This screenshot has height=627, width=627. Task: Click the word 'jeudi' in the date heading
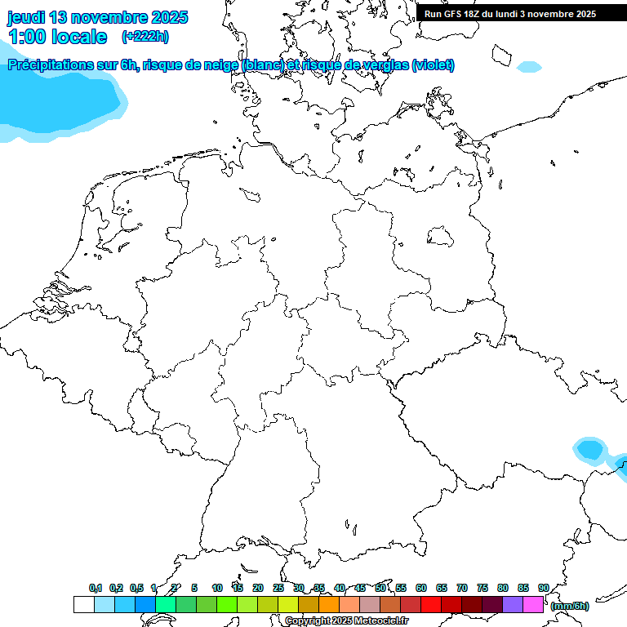(x=26, y=17)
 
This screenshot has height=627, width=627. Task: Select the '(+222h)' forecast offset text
(x=145, y=37)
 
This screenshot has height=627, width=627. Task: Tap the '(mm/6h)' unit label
(x=569, y=606)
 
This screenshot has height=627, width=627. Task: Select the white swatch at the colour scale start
(x=83, y=605)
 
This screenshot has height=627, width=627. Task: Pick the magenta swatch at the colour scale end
(x=533, y=605)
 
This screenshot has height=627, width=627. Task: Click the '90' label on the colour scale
(x=544, y=588)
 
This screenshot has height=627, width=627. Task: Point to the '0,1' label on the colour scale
(x=96, y=588)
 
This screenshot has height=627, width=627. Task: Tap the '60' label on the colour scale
(x=421, y=588)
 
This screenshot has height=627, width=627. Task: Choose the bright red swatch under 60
(x=431, y=605)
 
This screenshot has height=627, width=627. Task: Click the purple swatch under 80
(x=513, y=605)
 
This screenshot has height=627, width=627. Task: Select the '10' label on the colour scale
(x=217, y=588)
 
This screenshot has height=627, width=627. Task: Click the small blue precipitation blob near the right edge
(x=589, y=449)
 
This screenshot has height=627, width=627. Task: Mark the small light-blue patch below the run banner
(x=529, y=66)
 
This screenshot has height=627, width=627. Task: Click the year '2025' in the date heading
(x=164, y=17)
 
